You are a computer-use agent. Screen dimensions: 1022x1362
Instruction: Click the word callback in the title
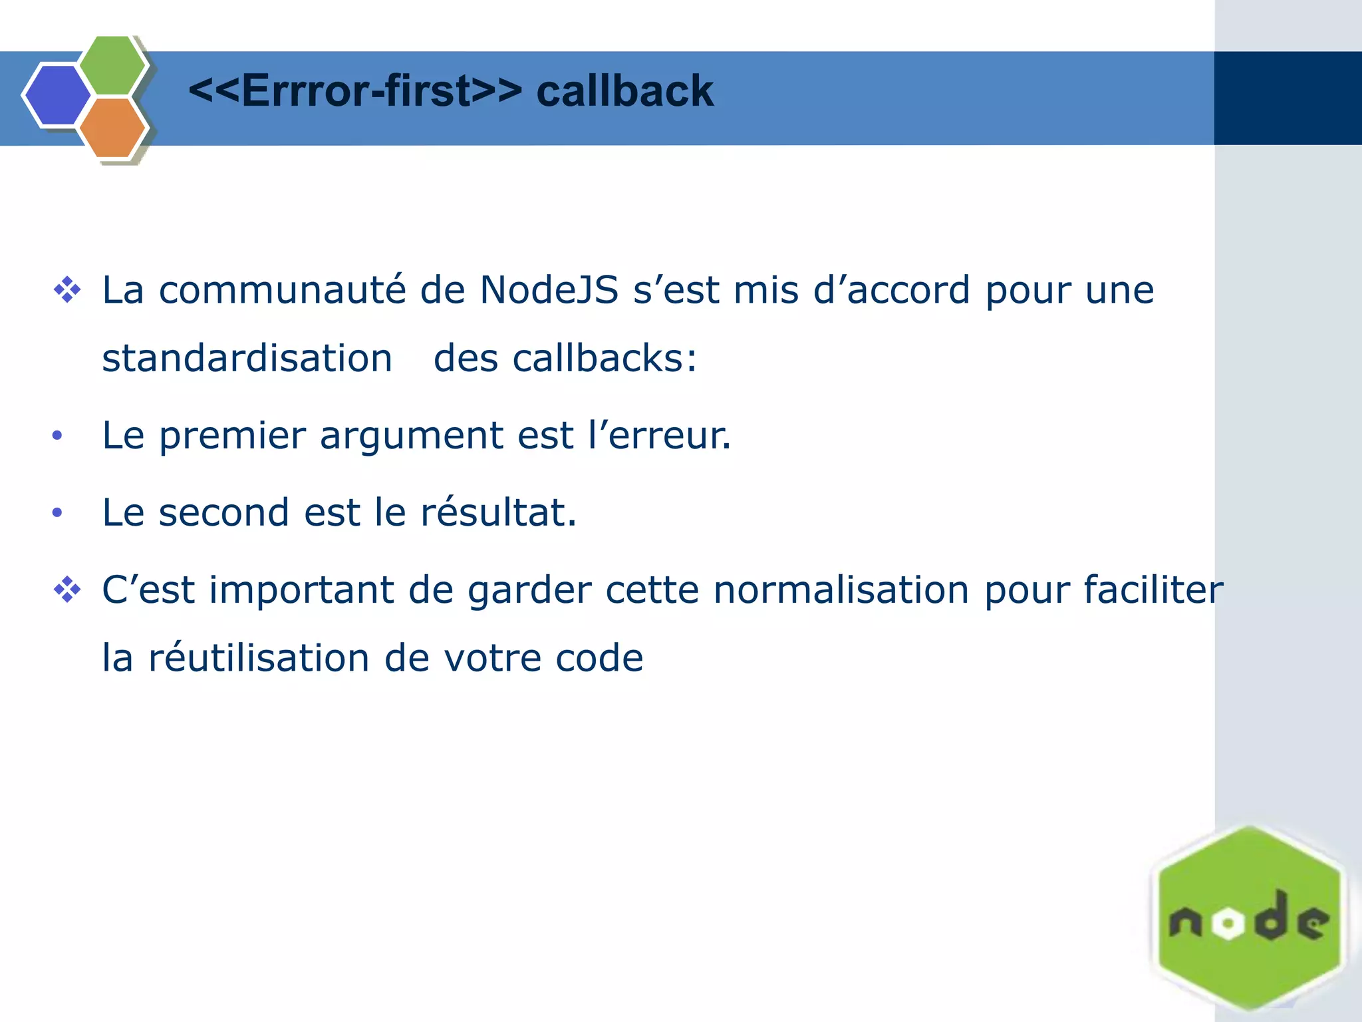click(x=624, y=91)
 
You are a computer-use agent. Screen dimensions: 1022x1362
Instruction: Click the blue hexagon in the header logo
click(x=57, y=95)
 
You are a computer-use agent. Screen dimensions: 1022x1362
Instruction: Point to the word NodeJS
click(x=549, y=291)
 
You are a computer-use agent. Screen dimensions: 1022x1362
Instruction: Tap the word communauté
click(x=282, y=291)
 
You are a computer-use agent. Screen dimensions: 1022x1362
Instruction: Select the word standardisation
click(x=247, y=359)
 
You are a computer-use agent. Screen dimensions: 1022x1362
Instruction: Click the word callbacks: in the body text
click(x=604, y=359)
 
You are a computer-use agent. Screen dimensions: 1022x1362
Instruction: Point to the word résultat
click(x=498, y=513)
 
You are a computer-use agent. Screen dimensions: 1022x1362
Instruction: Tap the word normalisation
click(x=841, y=590)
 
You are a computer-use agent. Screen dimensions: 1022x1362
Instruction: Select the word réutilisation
click(x=258, y=659)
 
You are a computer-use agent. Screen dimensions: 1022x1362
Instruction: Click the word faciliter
click(x=1153, y=590)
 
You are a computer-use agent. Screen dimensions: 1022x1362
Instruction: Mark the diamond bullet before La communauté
click(x=67, y=291)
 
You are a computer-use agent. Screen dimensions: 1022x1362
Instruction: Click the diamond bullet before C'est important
click(x=67, y=590)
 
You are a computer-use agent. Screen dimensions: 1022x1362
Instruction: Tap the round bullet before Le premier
click(x=57, y=436)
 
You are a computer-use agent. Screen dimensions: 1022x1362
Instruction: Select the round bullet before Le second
click(x=57, y=513)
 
